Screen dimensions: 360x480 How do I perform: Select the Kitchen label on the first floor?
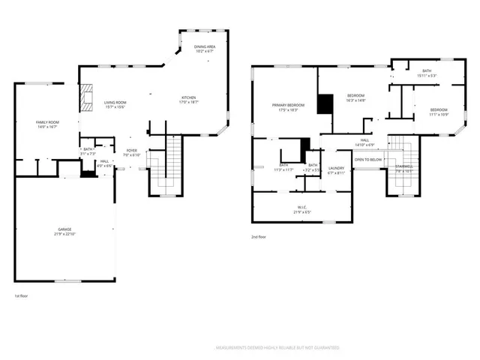pos(189,99)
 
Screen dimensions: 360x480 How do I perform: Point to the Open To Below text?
pos(368,160)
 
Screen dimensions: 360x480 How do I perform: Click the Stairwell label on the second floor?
pos(404,167)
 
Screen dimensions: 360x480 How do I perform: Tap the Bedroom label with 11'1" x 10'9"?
pos(439,112)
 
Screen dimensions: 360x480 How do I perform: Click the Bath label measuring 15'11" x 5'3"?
pos(426,73)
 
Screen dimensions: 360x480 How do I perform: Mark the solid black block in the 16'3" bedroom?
pos(324,103)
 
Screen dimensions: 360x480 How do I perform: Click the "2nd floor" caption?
pos(259,236)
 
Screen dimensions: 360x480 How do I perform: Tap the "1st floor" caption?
pos(21,295)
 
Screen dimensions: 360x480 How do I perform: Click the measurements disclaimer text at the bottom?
pos(277,348)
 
